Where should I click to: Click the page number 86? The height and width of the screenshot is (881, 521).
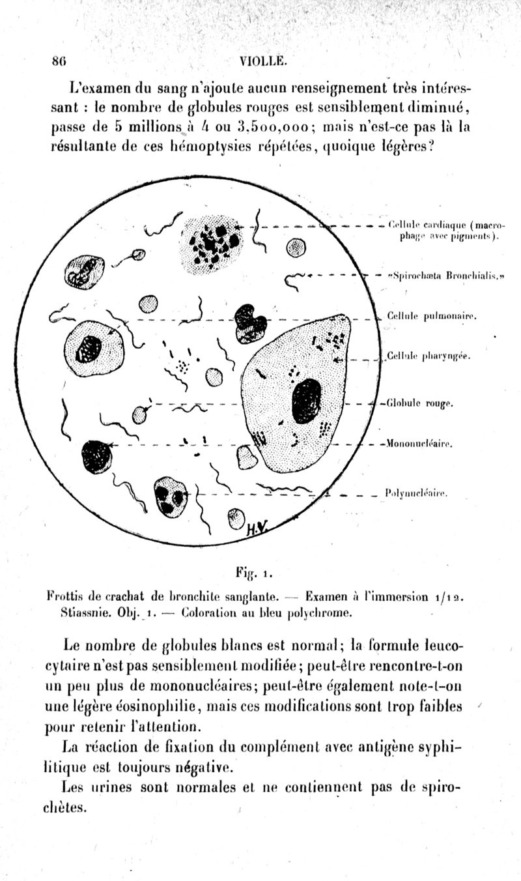59,62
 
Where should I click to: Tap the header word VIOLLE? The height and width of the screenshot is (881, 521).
264,62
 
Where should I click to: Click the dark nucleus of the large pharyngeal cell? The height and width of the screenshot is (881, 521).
306,401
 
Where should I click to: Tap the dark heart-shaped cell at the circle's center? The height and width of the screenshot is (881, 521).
250,321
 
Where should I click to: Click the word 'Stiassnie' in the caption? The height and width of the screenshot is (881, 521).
80,612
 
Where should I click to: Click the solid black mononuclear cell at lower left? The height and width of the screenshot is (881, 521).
96,455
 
